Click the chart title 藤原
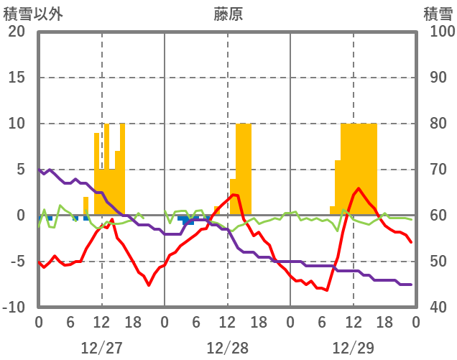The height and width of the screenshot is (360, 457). coord(228,14)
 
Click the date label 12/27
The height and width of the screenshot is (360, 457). coord(101,348)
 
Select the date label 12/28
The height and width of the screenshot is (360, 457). coord(227,348)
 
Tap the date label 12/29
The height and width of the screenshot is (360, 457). coord(353,348)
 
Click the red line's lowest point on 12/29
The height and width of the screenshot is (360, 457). coord(327,290)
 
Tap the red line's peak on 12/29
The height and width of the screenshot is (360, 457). coord(358,188)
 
